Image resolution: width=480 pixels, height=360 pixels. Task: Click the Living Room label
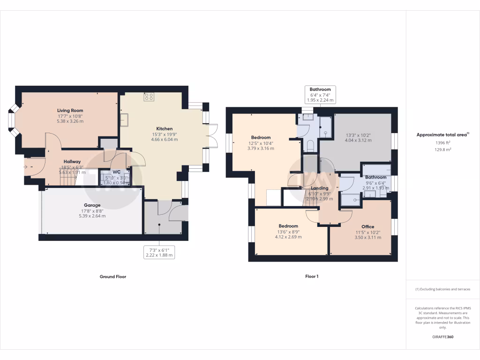[70, 111]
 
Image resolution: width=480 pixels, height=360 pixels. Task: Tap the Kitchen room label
[165, 128]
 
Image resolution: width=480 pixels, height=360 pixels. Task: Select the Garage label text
[92, 205]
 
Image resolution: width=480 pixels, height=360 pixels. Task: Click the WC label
[116, 172]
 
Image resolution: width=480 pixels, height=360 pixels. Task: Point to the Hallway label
[72, 162]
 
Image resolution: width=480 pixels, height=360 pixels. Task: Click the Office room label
[368, 227]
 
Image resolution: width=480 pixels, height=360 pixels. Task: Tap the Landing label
[320, 188]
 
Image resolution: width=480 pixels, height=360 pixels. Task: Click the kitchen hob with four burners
[149, 97]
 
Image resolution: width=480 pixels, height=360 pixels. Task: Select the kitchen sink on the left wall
[125, 120]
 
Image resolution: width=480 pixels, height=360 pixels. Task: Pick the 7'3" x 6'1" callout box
[159, 252]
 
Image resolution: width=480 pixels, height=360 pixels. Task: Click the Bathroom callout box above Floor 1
[320, 95]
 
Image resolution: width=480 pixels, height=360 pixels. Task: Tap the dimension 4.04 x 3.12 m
[358, 140]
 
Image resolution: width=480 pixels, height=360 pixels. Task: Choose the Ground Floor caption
[113, 277]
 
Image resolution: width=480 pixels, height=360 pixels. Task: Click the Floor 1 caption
[312, 277]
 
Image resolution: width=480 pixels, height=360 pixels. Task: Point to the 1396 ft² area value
[442, 142]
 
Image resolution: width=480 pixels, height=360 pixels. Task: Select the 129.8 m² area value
[442, 150]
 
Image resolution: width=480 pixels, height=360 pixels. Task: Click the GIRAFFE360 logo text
[442, 337]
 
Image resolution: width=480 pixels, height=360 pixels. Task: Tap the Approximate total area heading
[442, 135]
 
